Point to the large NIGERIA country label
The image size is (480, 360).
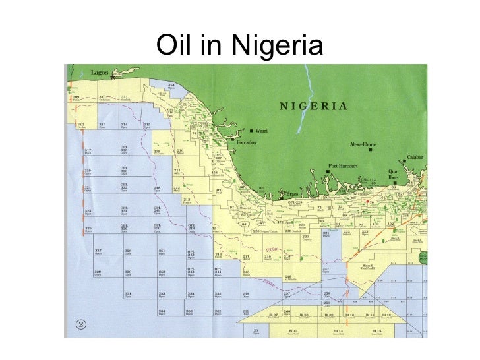(313, 105)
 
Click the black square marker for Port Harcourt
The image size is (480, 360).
(328, 171)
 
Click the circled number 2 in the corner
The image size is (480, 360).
(81, 323)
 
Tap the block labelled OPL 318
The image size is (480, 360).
(123, 150)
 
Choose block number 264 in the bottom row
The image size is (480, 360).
(162, 310)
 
